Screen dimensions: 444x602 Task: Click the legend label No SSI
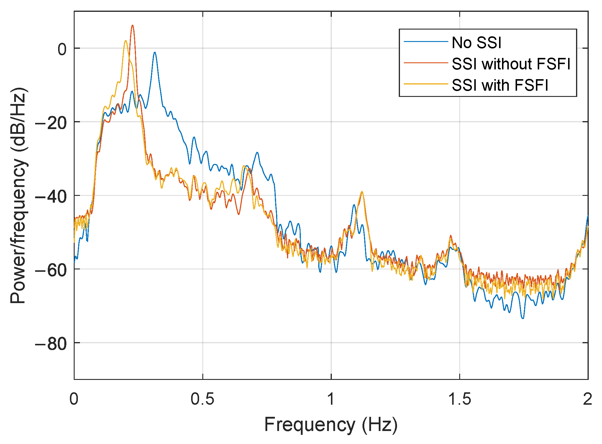coord(476,43)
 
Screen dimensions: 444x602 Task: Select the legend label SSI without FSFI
coord(511,64)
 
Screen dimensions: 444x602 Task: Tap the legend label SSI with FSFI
coord(500,85)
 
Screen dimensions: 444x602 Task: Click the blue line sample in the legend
coord(426,42)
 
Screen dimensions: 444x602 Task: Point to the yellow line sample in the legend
coord(426,84)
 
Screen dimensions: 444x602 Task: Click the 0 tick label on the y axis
coord(62,49)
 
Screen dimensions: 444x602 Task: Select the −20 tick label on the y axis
coord(51,123)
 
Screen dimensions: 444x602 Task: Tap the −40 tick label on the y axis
coord(51,196)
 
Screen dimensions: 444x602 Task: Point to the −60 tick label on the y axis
coord(51,270)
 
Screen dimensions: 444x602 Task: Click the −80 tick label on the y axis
coord(51,343)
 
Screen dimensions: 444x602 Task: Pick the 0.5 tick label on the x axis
coord(202,399)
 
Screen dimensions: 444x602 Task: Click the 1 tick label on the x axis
coord(331,399)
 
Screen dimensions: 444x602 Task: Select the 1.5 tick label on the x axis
coord(460,399)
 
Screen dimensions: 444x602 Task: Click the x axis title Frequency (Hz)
coord(331,425)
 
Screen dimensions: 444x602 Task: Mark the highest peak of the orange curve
coord(132,25)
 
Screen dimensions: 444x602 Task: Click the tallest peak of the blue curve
coord(155,52)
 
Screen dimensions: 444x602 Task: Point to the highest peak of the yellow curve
coord(126,41)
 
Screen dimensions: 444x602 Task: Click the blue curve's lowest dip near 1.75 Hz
coord(523,318)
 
